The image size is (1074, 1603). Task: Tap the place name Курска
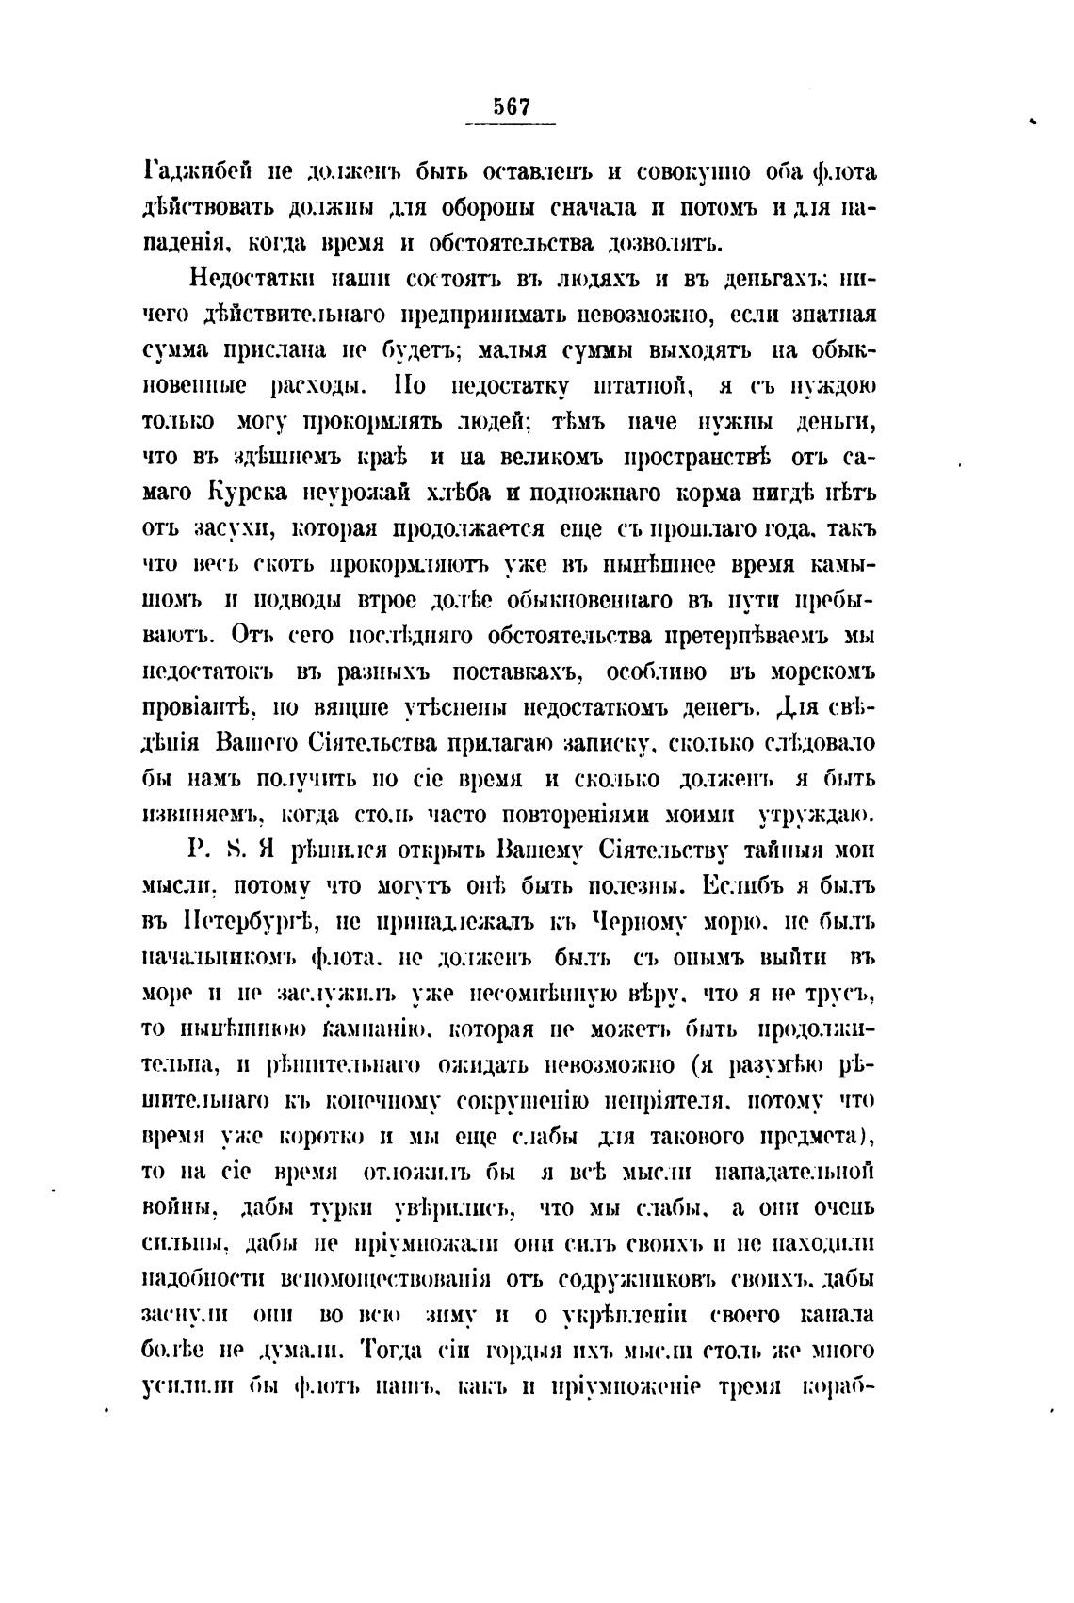point(249,493)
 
